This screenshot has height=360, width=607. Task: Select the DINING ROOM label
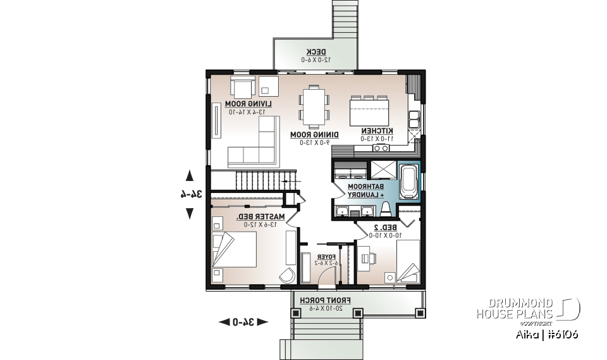coord(314,135)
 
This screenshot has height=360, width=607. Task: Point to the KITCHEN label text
coord(377,130)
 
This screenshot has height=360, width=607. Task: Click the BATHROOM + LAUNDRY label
coord(365,191)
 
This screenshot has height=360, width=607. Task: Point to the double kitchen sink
coord(415,119)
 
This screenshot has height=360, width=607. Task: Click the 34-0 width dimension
coord(243,322)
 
